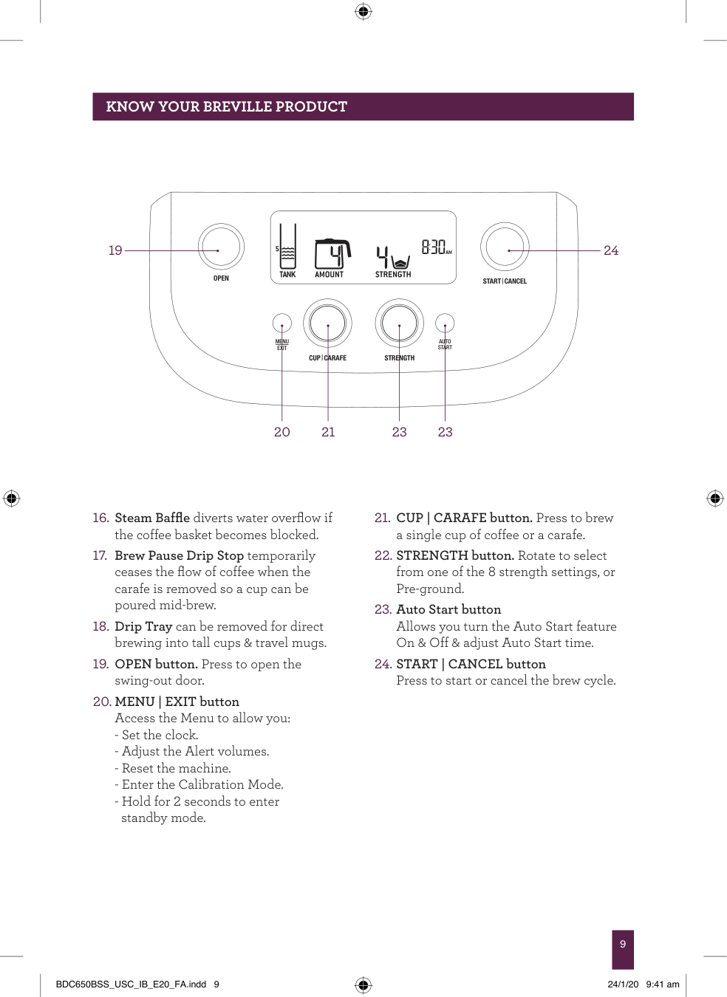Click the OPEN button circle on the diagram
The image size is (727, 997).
(x=221, y=247)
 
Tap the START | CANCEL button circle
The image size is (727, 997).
(x=505, y=247)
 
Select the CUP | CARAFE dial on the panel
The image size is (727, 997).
(x=327, y=323)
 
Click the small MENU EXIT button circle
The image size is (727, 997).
(x=282, y=323)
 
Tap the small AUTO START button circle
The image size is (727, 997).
(x=445, y=323)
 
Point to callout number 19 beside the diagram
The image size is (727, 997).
(x=115, y=250)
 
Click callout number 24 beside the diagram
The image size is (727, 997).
(x=611, y=250)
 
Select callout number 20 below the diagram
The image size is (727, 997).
(x=282, y=432)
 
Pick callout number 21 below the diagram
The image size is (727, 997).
(x=328, y=432)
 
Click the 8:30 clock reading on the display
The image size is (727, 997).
(x=435, y=247)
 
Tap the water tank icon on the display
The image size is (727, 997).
(x=287, y=248)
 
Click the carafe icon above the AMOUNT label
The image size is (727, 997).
(x=332, y=254)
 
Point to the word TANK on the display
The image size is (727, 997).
(x=287, y=275)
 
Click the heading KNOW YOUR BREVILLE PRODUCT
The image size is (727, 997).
(x=226, y=106)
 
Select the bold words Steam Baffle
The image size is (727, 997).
(x=152, y=518)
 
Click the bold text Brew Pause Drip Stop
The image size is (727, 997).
(x=179, y=555)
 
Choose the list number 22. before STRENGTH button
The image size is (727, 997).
(x=382, y=555)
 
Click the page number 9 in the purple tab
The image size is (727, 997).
(x=623, y=944)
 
